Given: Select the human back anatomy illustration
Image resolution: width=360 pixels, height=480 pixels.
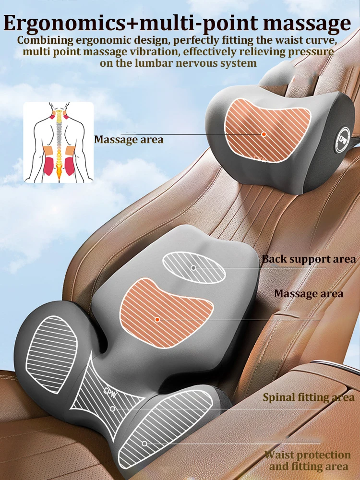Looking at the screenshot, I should click(x=58, y=142).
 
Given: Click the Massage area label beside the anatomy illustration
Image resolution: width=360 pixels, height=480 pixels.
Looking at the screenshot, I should click(x=129, y=140).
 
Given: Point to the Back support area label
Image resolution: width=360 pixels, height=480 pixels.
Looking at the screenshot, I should click(x=309, y=259).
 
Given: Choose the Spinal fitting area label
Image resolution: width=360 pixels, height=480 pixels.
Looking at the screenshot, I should click(x=309, y=397).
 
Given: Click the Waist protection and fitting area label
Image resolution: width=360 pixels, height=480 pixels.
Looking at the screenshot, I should click(x=308, y=460).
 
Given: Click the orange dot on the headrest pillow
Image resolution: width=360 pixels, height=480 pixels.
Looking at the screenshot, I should click(x=264, y=134).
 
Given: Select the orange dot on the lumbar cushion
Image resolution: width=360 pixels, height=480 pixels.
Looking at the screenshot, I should click(x=157, y=319).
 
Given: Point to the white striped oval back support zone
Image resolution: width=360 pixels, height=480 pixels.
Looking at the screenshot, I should click(x=194, y=267).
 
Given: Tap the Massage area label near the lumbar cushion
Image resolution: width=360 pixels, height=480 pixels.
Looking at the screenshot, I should click(x=309, y=293).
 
